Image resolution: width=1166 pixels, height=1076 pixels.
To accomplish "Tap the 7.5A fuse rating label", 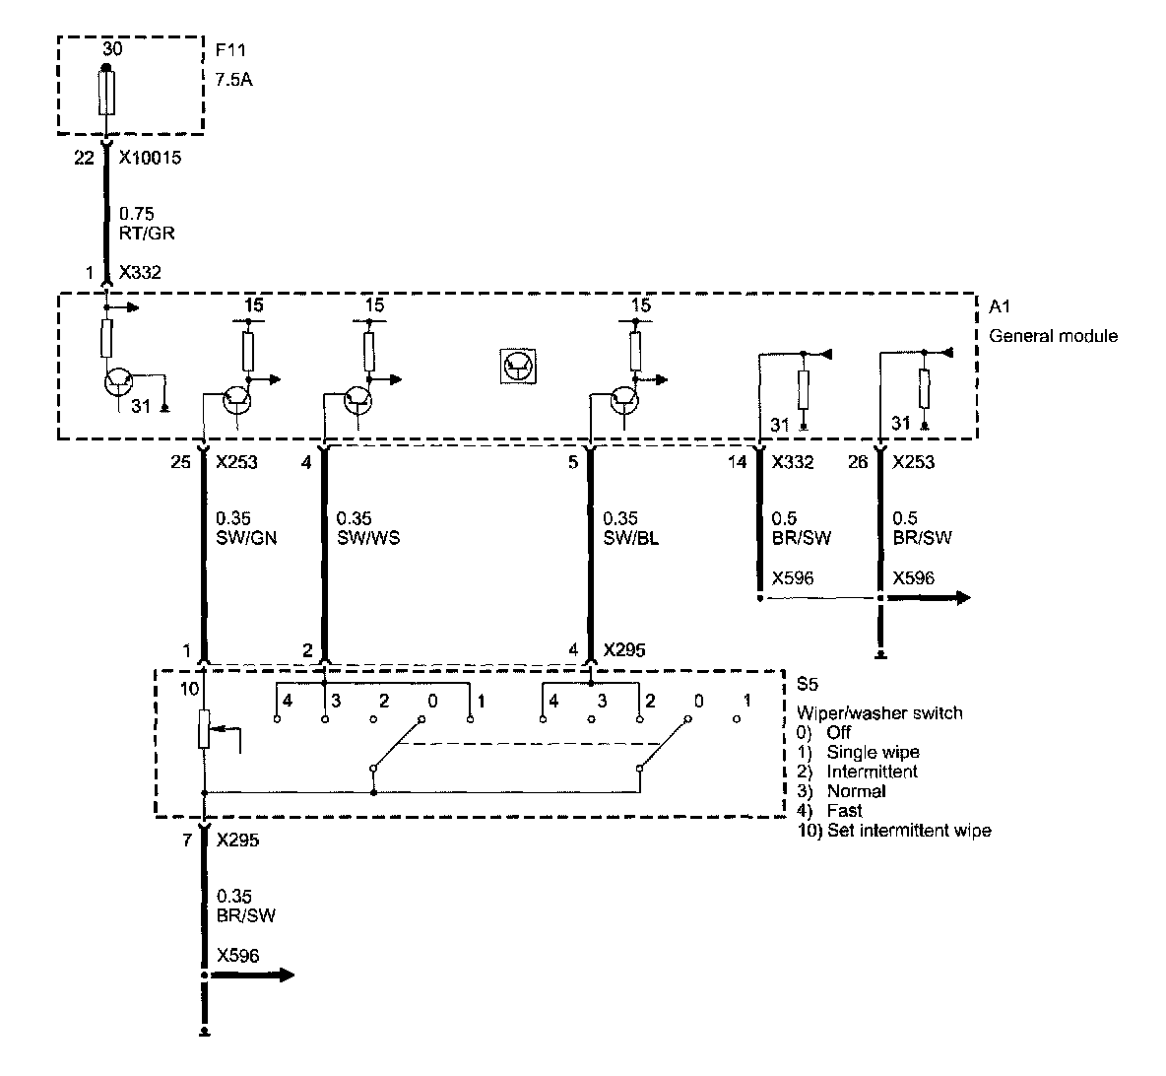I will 233,79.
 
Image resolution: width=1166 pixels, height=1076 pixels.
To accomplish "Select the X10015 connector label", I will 150,158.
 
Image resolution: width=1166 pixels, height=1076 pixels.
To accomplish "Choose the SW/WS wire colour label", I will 368,538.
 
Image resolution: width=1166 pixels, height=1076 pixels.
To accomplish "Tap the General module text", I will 1053,336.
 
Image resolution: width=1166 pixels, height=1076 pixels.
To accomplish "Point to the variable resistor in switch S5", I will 205,730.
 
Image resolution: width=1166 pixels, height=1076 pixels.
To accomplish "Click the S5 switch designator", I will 807,682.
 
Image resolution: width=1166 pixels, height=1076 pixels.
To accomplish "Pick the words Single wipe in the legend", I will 873,752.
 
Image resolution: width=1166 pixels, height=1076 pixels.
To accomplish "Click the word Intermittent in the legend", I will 873,772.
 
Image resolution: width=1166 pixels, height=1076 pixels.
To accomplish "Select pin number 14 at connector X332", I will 737,462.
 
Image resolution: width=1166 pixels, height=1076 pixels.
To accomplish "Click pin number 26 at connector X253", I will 858,462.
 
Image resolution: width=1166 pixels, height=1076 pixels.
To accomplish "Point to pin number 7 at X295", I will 187,841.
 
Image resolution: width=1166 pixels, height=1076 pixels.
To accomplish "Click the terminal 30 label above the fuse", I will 112,48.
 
